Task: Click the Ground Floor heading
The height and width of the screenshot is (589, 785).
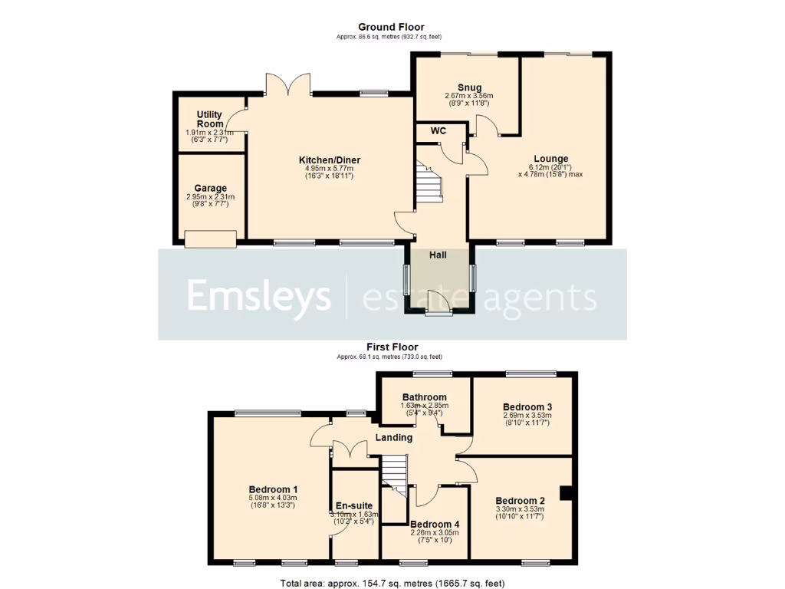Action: [x=391, y=27]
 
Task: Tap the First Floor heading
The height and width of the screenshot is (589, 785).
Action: [x=392, y=347]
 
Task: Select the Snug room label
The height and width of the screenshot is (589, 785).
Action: [x=469, y=87]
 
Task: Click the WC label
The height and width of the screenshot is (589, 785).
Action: [x=438, y=131]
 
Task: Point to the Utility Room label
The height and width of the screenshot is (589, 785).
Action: [x=209, y=119]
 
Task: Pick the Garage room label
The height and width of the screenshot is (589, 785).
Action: [x=210, y=188]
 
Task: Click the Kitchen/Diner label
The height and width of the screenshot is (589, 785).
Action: [x=329, y=160]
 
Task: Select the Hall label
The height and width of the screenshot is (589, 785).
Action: [x=438, y=255]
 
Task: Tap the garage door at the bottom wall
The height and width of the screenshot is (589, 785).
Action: [x=210, y=241]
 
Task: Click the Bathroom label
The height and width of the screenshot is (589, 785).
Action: [x=424, y=397]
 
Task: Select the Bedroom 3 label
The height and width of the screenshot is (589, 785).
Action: [x=527, y=406]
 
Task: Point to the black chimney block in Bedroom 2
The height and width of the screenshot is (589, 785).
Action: [x=566, y=494]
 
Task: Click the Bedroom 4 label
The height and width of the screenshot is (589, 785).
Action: [x=434, y=525]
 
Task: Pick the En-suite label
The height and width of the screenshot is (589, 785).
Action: [x=354, y=506]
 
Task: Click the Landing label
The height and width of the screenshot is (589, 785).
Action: [x=393, y=438]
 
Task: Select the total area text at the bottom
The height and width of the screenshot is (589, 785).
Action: [x=392, y=583]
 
